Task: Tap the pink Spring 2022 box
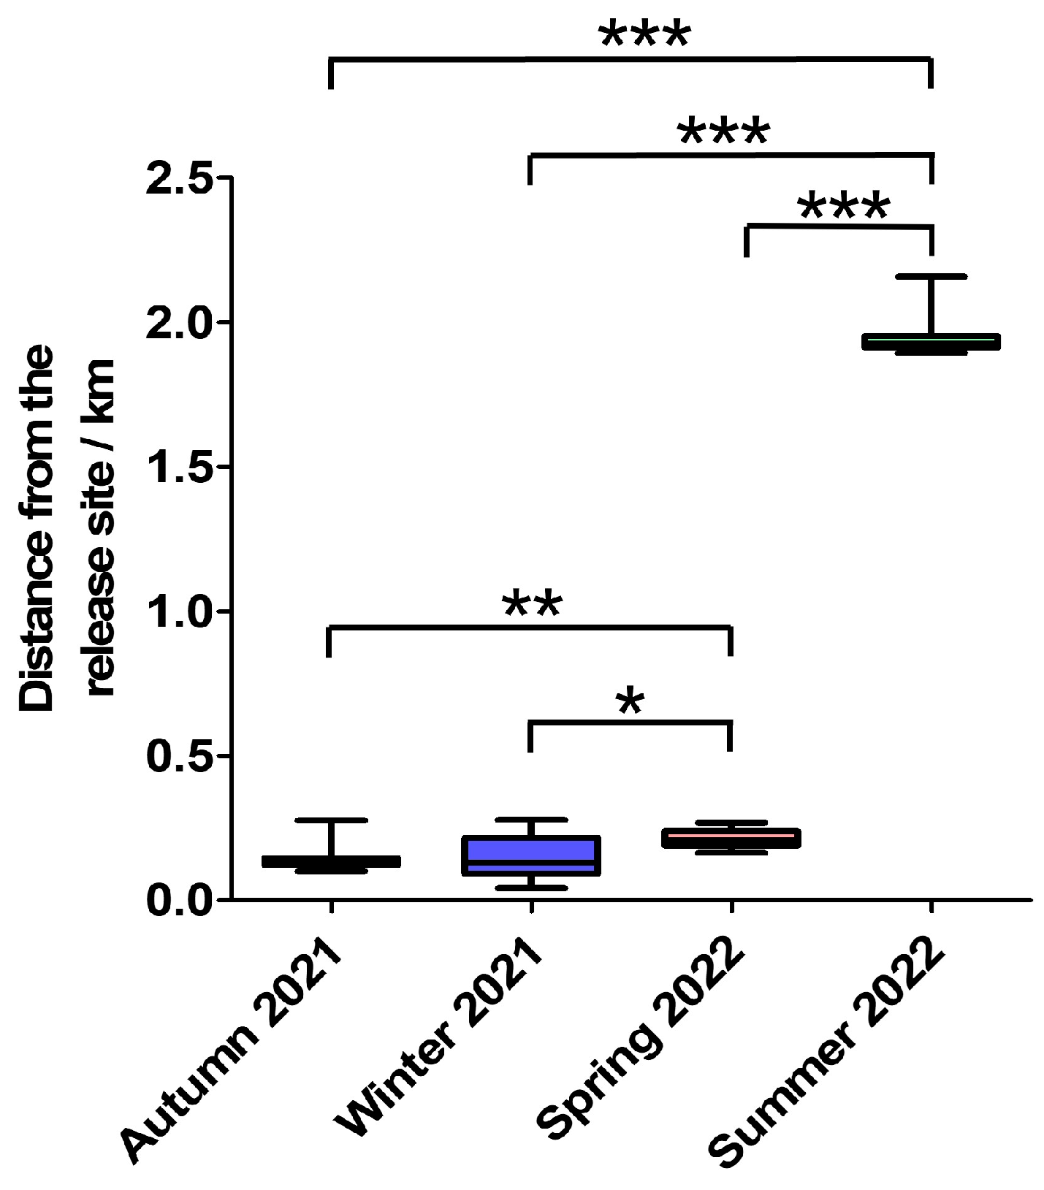click(x=731, y=838)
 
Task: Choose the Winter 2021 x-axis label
click(x=438, y=1037)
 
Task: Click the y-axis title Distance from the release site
click(x=66, y=526)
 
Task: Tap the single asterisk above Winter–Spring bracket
click(x=630, y=701)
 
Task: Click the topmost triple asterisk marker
click(x=644, y=34)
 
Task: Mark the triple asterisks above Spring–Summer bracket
click(x=844, y=206)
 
